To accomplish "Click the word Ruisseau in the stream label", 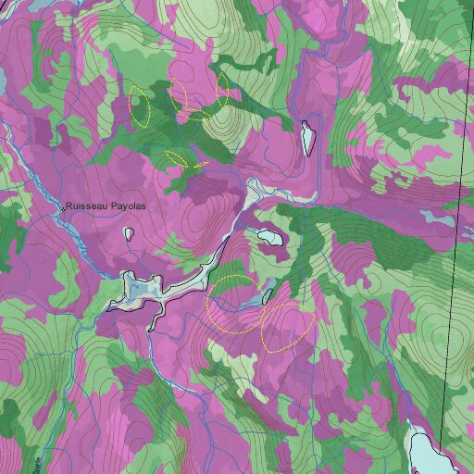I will point(85,208).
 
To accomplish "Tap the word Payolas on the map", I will point(127,208).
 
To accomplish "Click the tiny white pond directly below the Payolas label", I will point(129,232).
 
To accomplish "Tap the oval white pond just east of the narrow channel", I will point(271,236).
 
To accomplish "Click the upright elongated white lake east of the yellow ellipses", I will point(307,139).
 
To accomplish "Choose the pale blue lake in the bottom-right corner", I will point(431,454).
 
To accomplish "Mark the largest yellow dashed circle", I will point(234,304).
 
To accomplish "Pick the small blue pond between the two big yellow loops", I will point(267,297).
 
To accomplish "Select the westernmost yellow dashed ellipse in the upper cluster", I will point(140,106).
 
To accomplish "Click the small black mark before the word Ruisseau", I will point(63,209).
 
